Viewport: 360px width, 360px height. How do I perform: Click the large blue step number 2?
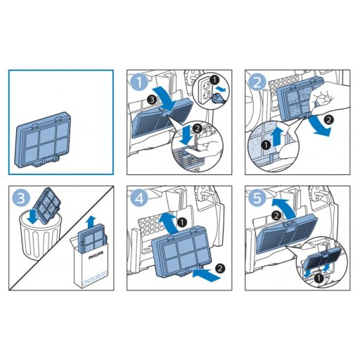pos(255,82)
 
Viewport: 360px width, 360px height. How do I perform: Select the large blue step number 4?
pos(139,199)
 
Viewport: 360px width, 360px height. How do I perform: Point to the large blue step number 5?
pos(255,199)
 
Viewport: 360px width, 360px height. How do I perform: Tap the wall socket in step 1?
pos(208,90)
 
